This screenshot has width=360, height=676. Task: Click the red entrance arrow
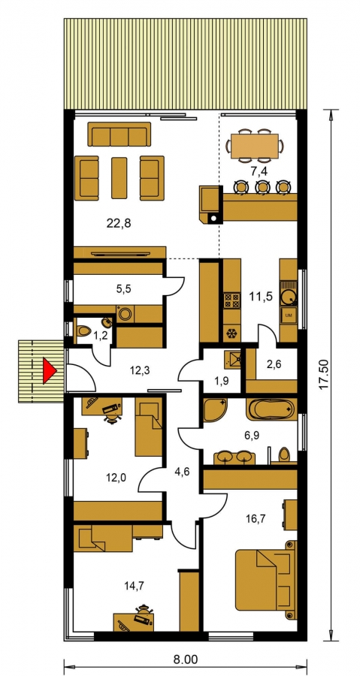tap(49, 371)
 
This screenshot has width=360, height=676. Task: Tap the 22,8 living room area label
tap(118, 223)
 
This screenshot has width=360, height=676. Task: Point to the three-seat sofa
tap(119, 134)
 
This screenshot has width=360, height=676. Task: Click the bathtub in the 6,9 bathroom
tap(271, 409)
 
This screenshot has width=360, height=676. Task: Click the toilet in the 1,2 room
tap(83, 331)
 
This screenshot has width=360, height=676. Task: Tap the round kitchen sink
tap(289, 297)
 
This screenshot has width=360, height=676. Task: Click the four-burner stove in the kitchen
tap(232, 300)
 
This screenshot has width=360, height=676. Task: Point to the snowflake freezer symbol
tap(232, 333)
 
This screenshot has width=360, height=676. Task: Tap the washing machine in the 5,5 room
tap(126, 314)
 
